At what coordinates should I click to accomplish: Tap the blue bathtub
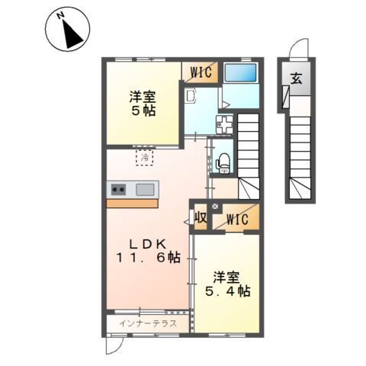point(242,73)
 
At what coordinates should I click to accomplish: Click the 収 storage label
point(201,217)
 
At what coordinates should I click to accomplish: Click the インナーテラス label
point(149,323)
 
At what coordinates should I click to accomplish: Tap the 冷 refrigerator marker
point(144,158)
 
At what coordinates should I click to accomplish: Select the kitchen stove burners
point(120,189)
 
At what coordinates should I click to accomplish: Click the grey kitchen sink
point(144,189)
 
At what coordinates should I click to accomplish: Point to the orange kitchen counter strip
point(132,203)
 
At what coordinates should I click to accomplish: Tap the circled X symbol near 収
point(214,206)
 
